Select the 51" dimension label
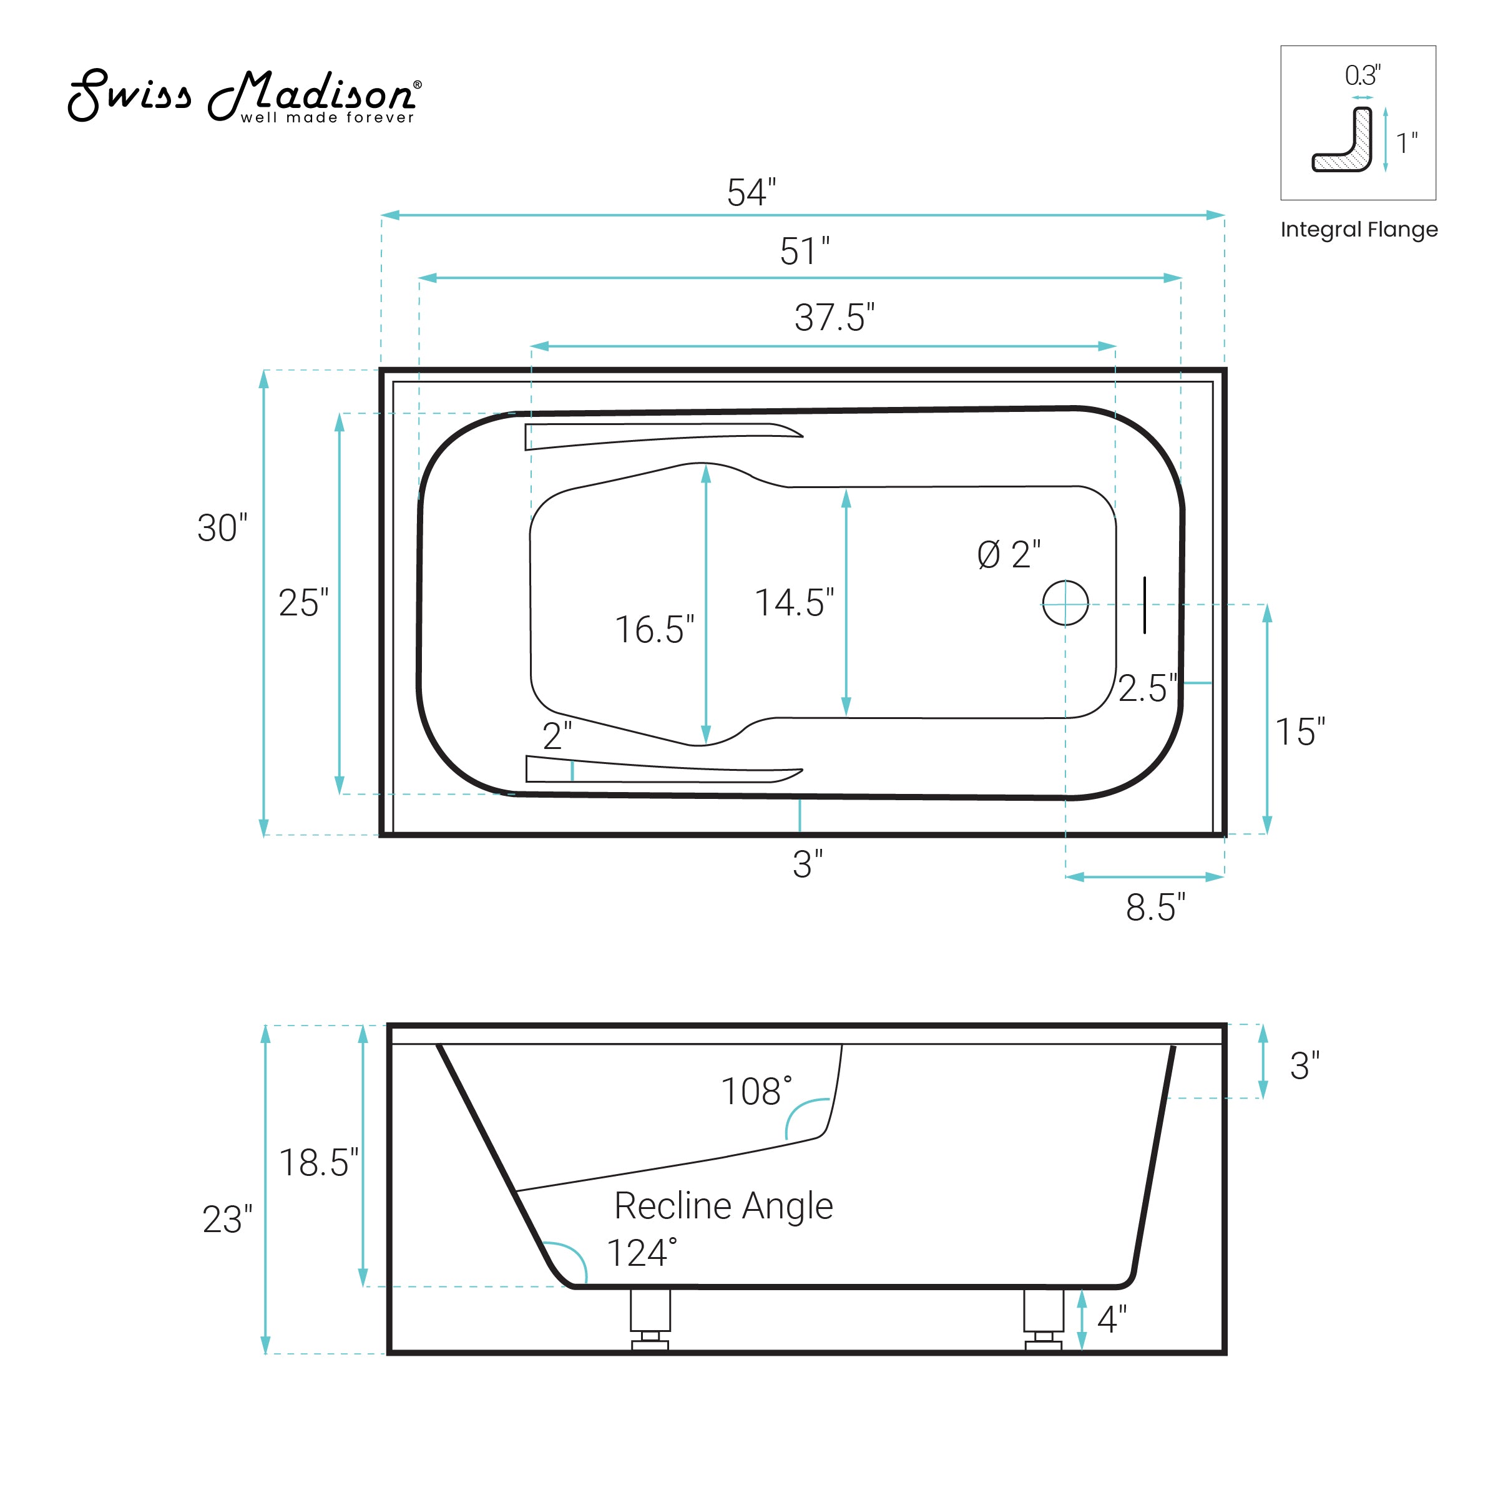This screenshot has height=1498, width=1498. (804, 251)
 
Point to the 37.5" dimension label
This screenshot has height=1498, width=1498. (835, 318)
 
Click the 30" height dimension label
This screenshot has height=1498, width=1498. (222, 528)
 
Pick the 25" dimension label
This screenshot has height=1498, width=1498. (303, 602)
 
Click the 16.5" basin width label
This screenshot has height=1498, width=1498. (654, 630)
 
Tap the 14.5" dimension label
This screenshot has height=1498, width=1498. (795, 602)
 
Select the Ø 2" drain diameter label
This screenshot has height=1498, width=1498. (1009, 554)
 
